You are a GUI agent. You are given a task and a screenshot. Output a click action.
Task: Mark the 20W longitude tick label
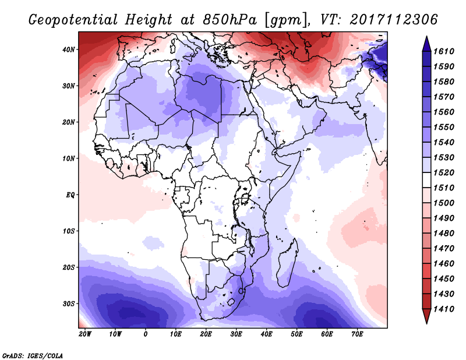pos(84,334)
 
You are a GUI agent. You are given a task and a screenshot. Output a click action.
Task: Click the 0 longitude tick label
pos(146,334)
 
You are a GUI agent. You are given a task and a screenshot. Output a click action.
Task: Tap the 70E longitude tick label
pos(358,334)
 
